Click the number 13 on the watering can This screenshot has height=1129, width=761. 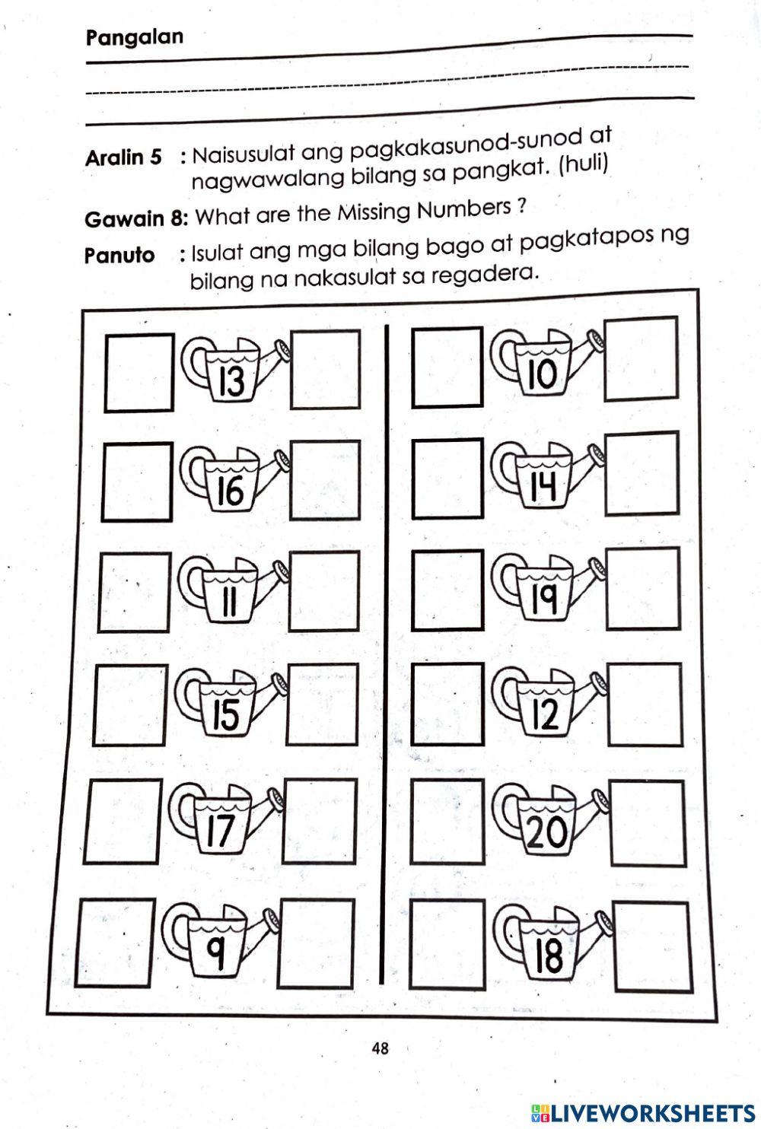point(231,380)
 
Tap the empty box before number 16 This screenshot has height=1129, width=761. point(136,482)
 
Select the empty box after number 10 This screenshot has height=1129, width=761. point(641,359)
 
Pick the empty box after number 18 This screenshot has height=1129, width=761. point(647,946)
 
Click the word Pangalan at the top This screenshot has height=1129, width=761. point(135,37)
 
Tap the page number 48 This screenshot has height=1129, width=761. point(380,1048)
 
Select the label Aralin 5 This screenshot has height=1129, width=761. point(123,158)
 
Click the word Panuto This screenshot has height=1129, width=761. point(119,255)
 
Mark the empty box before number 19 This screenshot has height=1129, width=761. point(447,590)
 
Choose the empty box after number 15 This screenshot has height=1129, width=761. point(323,704)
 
